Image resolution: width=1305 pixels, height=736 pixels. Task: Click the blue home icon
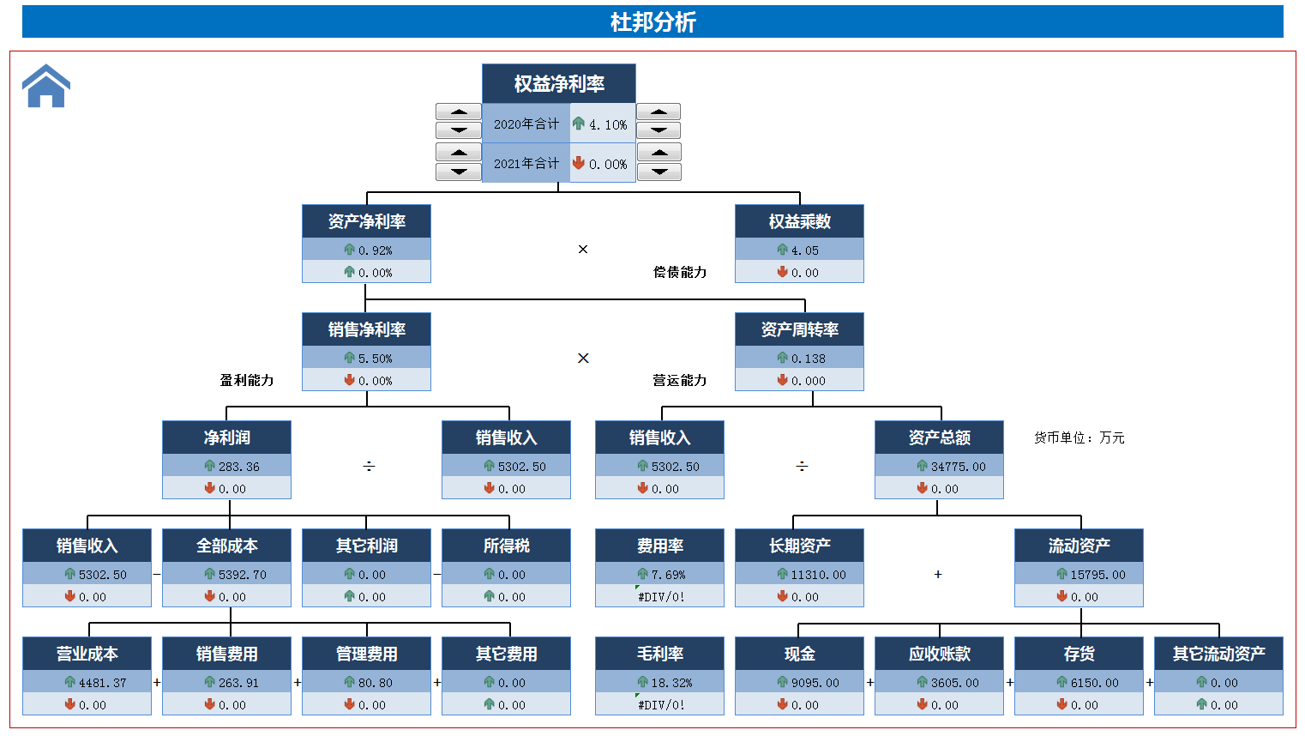point(46,87)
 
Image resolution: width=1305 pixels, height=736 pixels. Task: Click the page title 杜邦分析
point(652,21)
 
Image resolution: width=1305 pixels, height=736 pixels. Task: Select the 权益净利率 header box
point(559,84)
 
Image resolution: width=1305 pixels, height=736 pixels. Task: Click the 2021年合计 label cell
point(526,163)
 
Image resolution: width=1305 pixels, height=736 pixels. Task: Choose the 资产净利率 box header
point(366,221)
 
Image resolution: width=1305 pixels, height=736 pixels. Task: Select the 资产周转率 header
point(799,329)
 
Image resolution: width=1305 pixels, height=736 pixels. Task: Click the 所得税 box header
point(506,546)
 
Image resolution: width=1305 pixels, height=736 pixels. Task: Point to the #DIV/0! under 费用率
point(661,597)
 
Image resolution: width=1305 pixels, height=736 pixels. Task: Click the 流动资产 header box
point(1079,546)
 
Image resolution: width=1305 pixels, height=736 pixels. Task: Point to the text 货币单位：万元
point(1079,437)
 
